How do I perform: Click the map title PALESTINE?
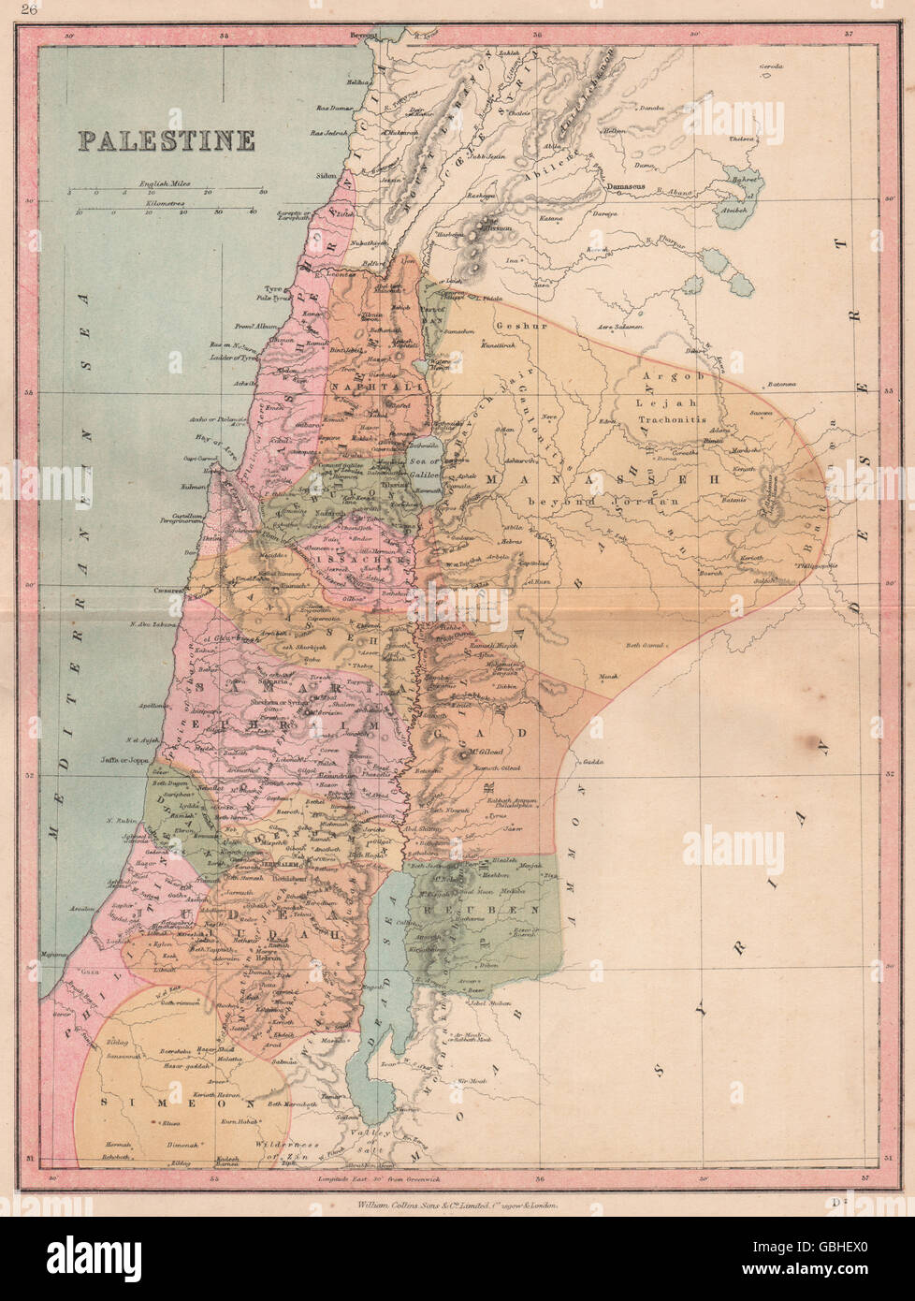tap(166, 140)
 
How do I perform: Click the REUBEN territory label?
tap(493, 909)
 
